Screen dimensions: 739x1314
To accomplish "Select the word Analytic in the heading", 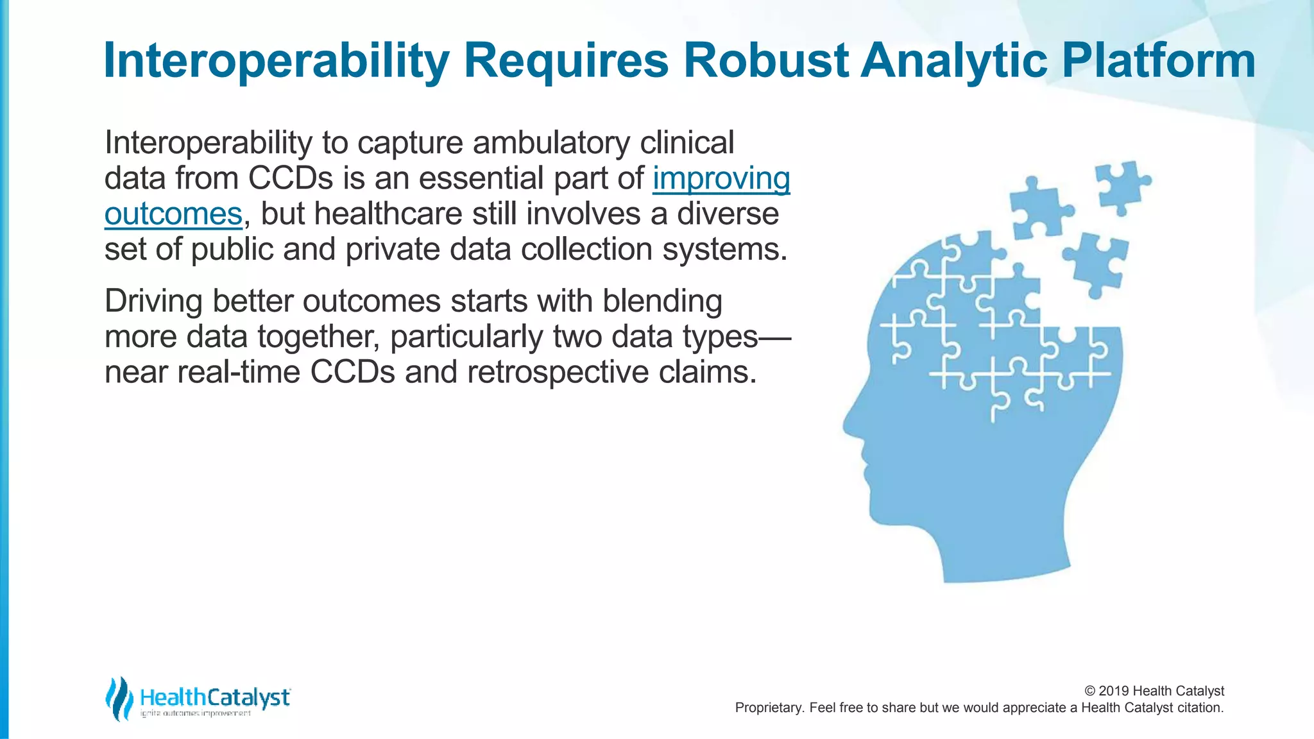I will (955, 60).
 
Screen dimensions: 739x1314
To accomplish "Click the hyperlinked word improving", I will (721, 179).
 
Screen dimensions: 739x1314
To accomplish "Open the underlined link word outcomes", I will (173, 214).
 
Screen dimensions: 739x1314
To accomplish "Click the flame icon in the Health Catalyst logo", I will (119, 699).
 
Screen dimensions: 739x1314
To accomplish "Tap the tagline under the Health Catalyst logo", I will (195, 714).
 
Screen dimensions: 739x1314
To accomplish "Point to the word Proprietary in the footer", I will (769, 708).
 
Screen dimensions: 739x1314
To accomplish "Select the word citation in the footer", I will (1200, 708).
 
